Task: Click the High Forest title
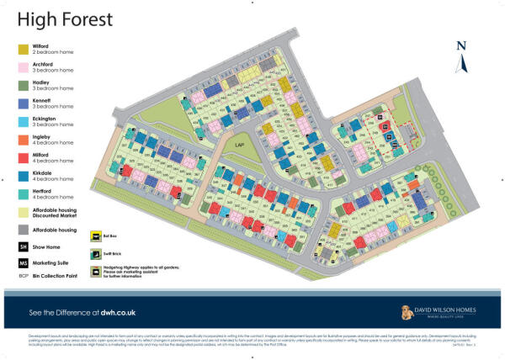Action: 60,18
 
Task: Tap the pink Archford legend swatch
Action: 25,67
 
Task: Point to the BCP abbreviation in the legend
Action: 24,275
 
